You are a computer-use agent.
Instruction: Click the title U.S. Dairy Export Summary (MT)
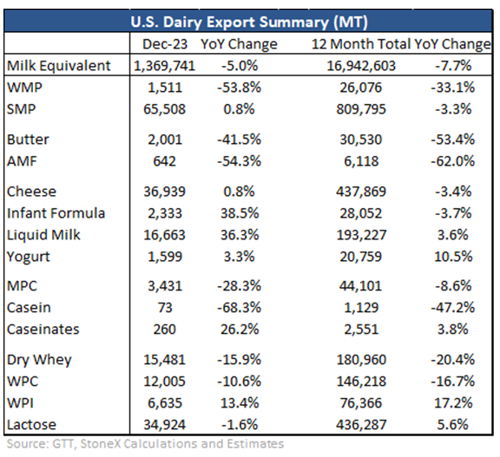pos(249,23)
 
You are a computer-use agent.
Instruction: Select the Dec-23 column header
pos(165,44)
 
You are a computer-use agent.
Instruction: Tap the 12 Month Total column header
pos(361,44)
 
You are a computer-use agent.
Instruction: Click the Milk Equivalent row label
pos(59,66)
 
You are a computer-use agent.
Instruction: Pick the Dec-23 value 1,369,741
pos(164,66)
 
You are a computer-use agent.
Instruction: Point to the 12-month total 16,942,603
pos(361,66)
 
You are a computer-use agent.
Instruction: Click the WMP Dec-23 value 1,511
pos(165,88)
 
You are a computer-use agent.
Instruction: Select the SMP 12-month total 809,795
pos(361,109)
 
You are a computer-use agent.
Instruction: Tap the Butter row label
pos(28,140)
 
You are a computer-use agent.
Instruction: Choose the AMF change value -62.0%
pos(453,161)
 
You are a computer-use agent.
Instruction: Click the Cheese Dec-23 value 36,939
pos(164,192)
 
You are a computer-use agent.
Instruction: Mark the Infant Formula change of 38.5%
pos(240,213)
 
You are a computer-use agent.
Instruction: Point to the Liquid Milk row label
pos(43,235)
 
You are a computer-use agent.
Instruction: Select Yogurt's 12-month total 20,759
pos(360,257)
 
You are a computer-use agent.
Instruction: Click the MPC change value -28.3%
pos(240,286)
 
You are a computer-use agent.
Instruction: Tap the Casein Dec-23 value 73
pos(165,308)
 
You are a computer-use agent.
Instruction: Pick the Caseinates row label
pos(43,330)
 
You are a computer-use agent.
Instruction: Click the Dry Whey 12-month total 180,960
pos(361,360)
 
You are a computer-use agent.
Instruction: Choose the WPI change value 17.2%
pos(453,403)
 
